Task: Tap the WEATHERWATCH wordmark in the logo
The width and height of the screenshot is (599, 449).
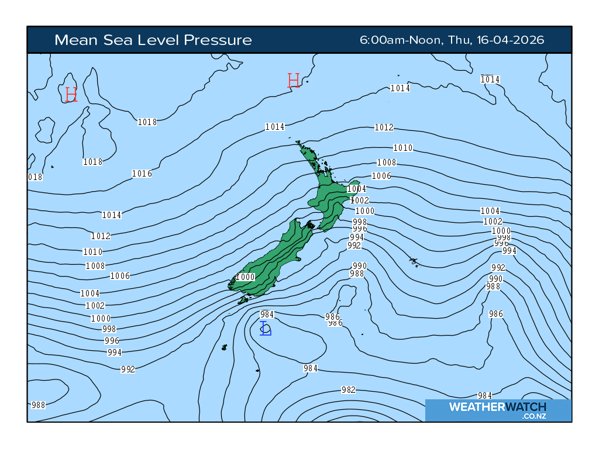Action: (x=497, y=407)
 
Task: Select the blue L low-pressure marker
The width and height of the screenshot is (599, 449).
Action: (x=266, y=329)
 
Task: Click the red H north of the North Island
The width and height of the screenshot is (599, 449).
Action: (x=294, y=81)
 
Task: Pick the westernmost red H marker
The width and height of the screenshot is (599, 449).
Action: (x=71, y=94)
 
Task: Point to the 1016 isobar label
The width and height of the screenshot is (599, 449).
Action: (x=142, y=174)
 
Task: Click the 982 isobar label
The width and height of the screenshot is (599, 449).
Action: (x=348, y=390)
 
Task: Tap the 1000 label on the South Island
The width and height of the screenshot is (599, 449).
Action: (x=246, y=277)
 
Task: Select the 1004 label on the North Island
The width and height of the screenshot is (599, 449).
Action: (x=356, y=189)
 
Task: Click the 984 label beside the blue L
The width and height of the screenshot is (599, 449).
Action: (x=267, y=315)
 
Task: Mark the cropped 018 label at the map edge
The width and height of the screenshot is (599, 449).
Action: (x=35, y=177)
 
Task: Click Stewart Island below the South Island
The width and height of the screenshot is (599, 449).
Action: (x=242, y=300)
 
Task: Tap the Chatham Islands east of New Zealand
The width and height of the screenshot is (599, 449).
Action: (x=414, y=261)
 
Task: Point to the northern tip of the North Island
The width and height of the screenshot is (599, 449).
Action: (x=298, y=143)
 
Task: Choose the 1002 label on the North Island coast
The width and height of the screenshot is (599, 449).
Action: (x=360, y=201)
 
